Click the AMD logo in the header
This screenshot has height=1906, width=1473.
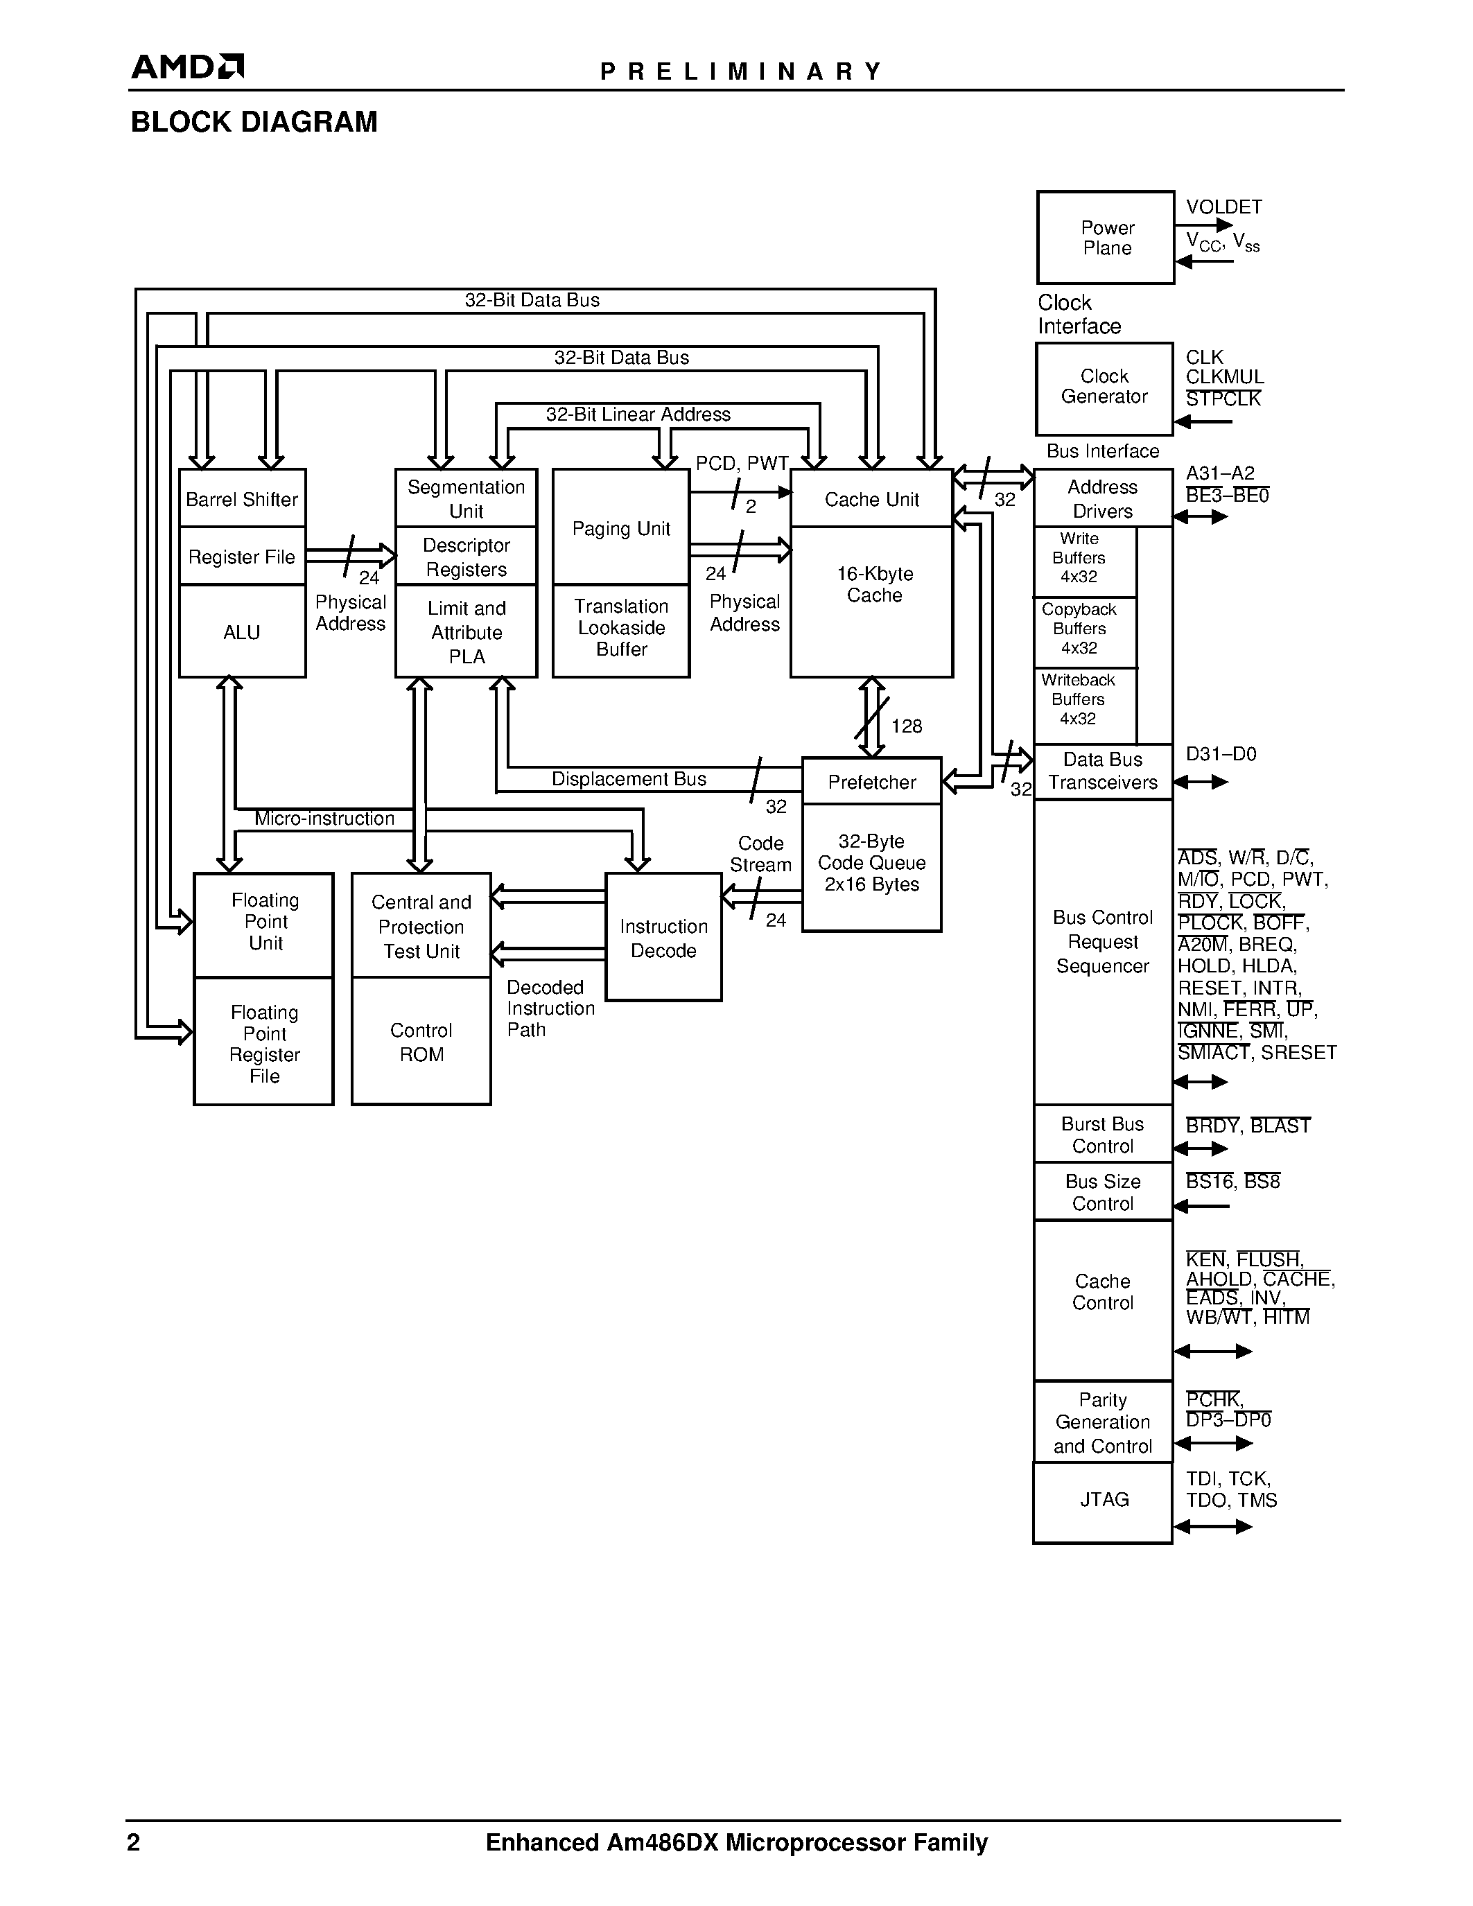[186, 67]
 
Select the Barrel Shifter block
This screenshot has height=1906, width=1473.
[242, 498]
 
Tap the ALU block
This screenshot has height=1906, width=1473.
[242, 632]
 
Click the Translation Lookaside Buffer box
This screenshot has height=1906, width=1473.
[621, 629]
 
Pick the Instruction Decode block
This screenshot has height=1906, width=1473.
[663, 938]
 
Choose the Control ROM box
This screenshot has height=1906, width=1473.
[421, 1042]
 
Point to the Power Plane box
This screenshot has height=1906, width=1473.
[1106, 237]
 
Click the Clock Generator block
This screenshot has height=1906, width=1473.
[1104, 387]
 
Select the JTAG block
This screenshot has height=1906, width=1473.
[1103, 1499]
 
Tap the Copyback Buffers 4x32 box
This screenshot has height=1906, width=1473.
[1079, 629]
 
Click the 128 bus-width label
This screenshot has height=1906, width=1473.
[907, 726]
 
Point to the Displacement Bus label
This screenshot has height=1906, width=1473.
[628, 778]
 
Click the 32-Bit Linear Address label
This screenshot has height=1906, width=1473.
[638, 414]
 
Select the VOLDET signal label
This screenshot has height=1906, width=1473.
[1223, 207]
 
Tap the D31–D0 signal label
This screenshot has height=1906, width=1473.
[1221, 754]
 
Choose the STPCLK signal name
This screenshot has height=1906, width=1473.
[1223, 399]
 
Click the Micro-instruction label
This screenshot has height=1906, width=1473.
[324, 819]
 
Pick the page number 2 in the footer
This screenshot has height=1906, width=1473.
[134, 1842]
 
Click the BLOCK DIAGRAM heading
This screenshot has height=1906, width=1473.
[254, 122]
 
